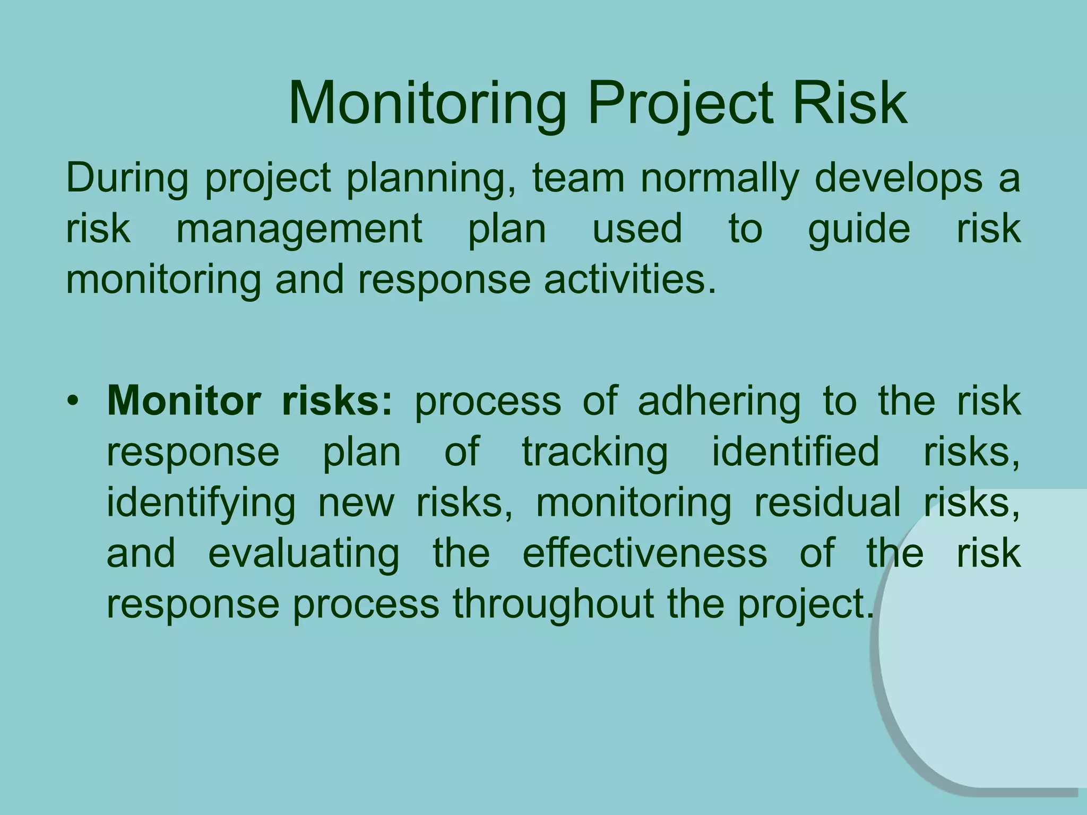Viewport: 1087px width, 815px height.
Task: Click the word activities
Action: tap(630, 280)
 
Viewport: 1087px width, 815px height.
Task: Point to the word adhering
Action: tap(719, 402)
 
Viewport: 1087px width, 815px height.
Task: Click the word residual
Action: tap(827, 502)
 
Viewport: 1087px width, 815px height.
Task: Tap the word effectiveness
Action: tap(644, 553)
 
